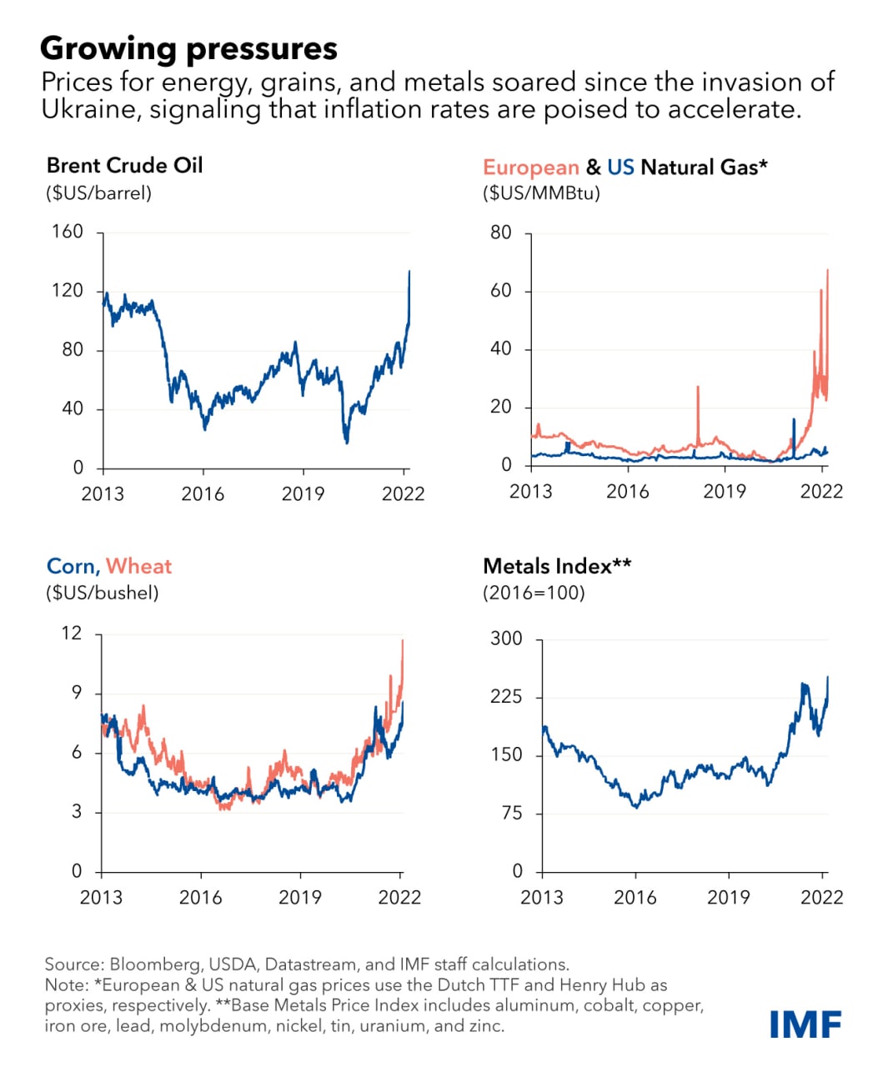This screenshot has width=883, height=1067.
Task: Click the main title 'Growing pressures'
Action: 188,48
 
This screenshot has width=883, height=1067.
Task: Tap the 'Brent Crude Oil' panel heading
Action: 124,165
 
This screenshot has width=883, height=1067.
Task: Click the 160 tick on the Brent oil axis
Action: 68,231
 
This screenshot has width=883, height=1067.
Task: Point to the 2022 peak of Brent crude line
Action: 409,272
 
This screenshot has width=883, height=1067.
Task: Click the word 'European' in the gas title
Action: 530,167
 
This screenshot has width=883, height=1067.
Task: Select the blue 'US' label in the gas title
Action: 620,167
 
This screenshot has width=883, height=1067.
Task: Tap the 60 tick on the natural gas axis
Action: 500,291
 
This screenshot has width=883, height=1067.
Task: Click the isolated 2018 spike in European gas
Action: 698,388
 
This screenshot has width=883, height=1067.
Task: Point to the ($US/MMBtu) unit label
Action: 541,193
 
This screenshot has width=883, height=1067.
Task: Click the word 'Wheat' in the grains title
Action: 138,566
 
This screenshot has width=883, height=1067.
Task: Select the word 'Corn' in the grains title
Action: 72,566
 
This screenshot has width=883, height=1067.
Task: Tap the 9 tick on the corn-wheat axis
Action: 77,693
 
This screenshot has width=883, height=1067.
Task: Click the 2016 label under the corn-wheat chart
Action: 201,897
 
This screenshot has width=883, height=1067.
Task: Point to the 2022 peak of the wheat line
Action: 403,641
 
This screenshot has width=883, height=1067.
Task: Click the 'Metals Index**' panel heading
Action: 556,566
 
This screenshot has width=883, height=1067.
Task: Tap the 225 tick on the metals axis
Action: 505,696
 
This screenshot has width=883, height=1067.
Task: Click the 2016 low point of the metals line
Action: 637,806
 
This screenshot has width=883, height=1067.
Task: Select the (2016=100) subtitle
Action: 534,593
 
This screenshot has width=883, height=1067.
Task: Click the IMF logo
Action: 805,1024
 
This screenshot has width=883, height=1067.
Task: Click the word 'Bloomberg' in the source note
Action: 155,964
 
